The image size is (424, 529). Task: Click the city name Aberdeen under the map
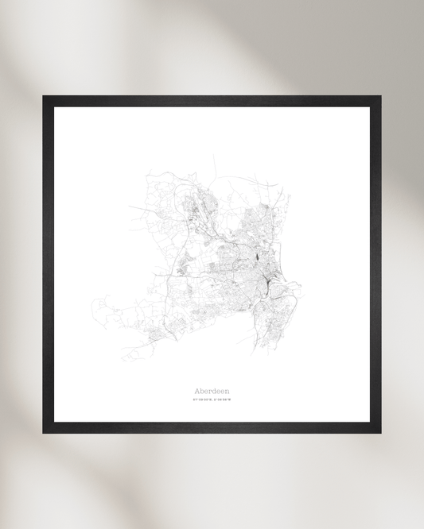coord(211,391)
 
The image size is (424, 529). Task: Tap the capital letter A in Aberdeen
coord(196,391)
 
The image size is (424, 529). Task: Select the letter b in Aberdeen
coord(201,391)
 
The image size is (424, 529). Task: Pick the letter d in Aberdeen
coord(212,391)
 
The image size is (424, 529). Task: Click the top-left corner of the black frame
coord(45,98)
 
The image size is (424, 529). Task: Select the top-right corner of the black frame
coord(379,98)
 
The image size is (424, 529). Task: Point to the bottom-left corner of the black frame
coord(45,431)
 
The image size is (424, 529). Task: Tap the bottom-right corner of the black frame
coord(379,431)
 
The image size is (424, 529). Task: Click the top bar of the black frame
coord(212,101)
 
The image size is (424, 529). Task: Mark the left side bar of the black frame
coord(48,264)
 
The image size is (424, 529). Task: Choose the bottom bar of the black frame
coord(212,427)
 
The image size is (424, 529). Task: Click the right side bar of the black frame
coord(375,264)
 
